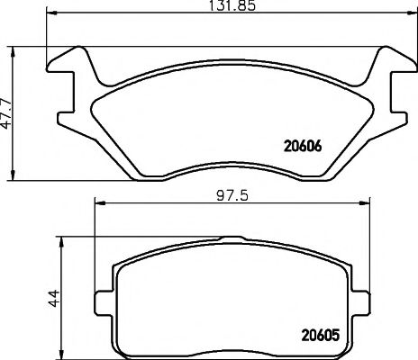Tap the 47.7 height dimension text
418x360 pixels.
tap(6, 112)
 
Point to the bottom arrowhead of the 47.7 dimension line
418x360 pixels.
tap(14, 175)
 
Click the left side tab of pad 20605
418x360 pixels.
tap(105, 292)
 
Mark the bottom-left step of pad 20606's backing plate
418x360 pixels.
tap(135, 171)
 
